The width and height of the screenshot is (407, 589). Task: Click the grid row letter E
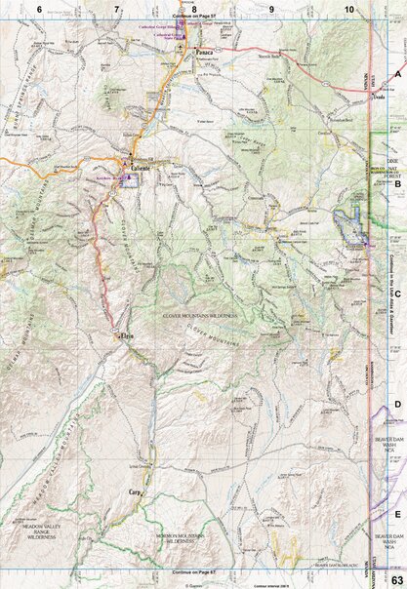pyautogui.click(x=397, y=512)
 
